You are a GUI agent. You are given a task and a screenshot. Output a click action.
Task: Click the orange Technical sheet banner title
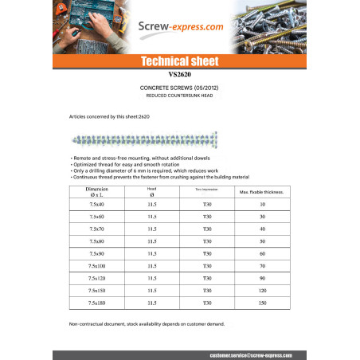click(179, 61)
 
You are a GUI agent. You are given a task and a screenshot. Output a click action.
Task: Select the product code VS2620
click(179, 74)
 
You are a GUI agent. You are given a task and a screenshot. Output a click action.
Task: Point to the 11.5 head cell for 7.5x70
click(152, 229)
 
